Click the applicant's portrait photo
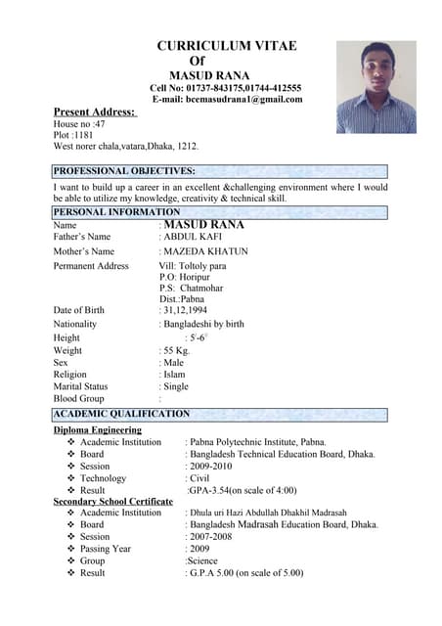tap(376, 86)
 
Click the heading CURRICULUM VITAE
tap(227, 46)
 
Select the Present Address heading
tap(94, 112)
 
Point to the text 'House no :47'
tap(80, 125)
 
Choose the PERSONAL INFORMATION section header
tap(116, 211)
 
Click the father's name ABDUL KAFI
tap(195, 237)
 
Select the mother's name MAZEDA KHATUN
tap(205, 251)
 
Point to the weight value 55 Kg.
tap(177, 350)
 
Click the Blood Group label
tap(78, 399)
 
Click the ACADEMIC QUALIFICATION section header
tap(121, 414)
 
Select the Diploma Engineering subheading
tap(97, 429)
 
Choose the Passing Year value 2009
tap(200, 549)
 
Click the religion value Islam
tap(174, 375)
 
